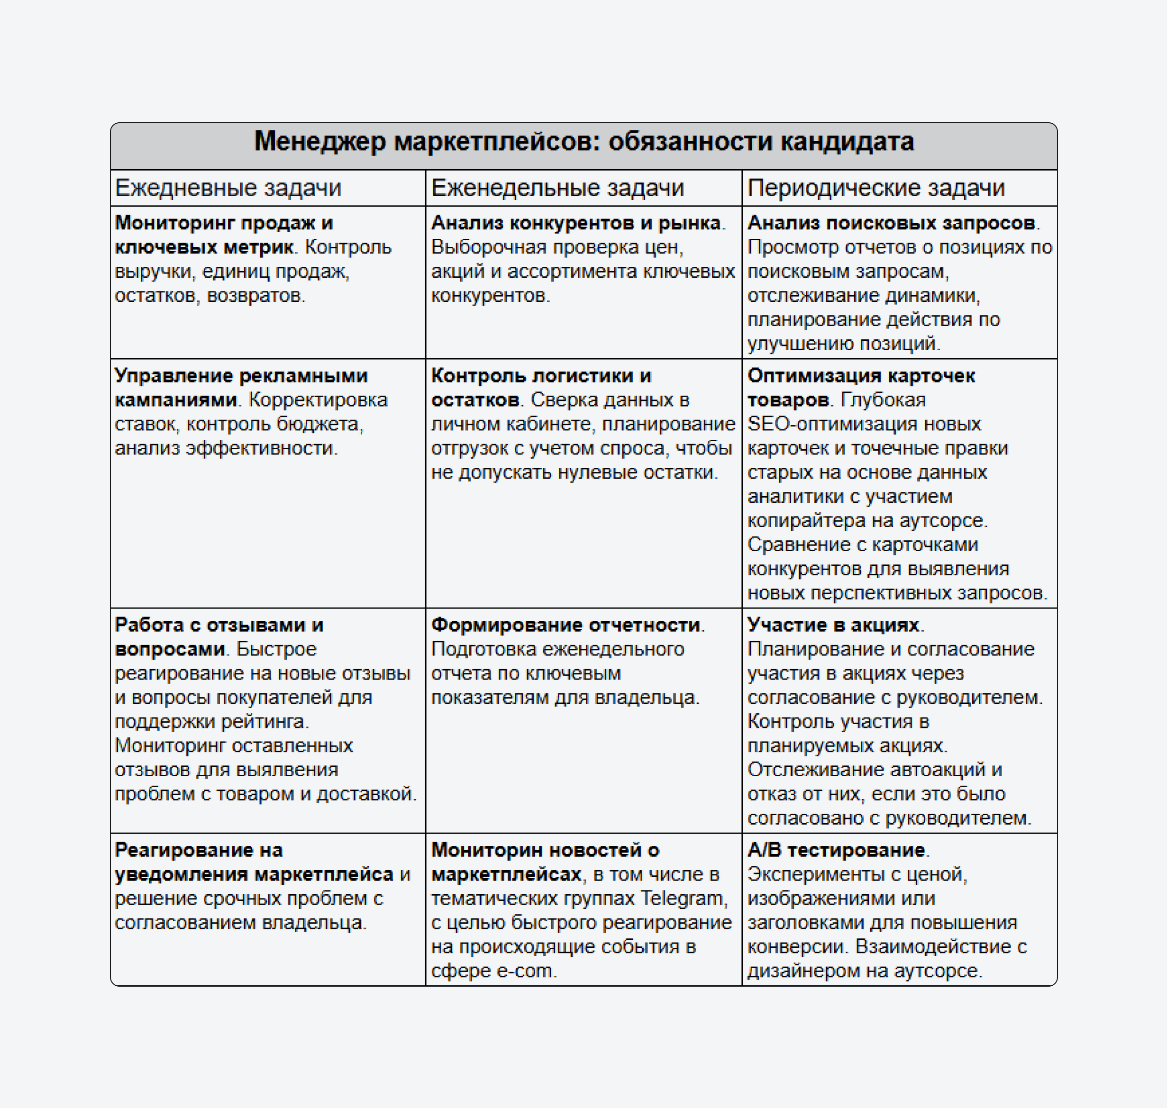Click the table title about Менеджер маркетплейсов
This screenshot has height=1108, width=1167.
583,142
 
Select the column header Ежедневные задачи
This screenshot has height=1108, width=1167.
228,188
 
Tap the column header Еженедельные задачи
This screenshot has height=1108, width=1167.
557,188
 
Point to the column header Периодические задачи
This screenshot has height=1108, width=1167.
876,188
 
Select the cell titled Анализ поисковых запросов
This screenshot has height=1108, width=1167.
899,282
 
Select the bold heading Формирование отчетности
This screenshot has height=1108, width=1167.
565,625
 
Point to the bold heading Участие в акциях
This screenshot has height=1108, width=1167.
833,625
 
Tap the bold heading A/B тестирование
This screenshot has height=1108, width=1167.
836,850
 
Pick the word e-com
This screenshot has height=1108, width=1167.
524,971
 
